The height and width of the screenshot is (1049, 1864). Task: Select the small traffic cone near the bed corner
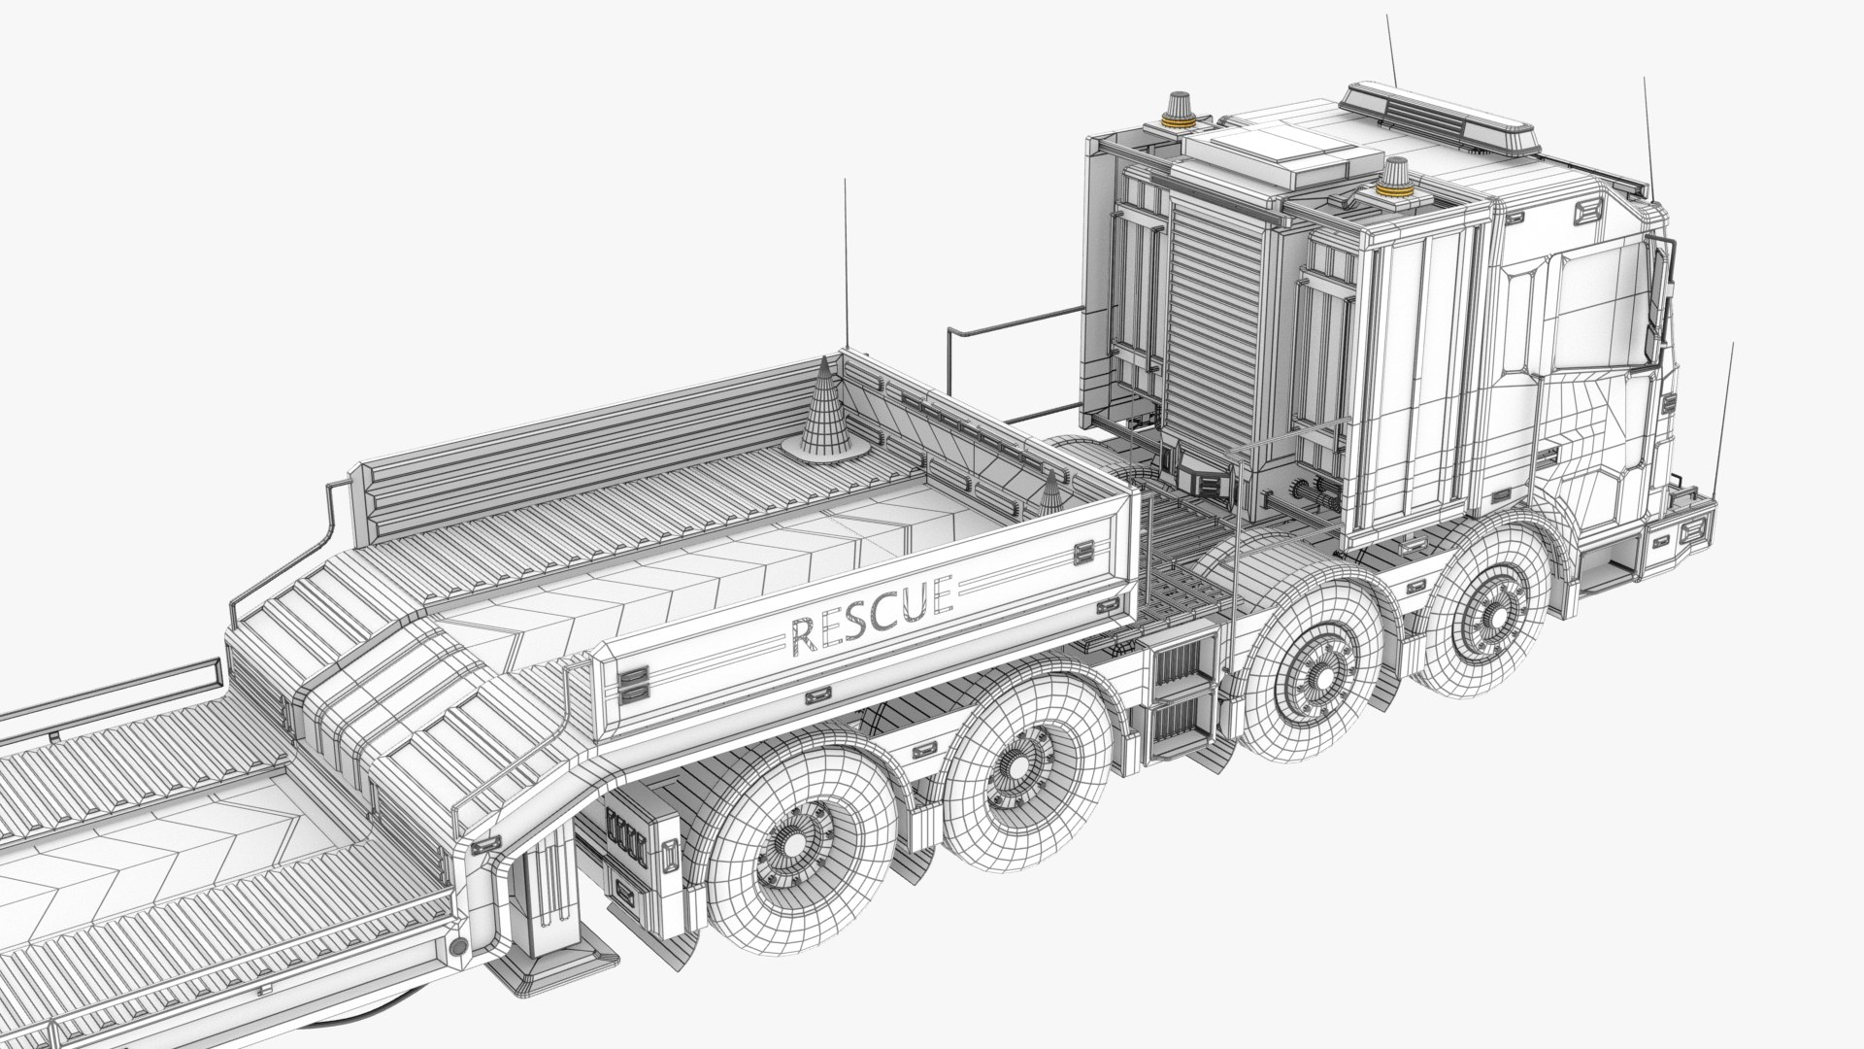1051,495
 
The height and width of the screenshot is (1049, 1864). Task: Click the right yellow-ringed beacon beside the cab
1396,180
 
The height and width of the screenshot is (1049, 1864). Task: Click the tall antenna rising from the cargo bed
847,262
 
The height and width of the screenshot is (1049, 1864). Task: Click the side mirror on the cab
1663,272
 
